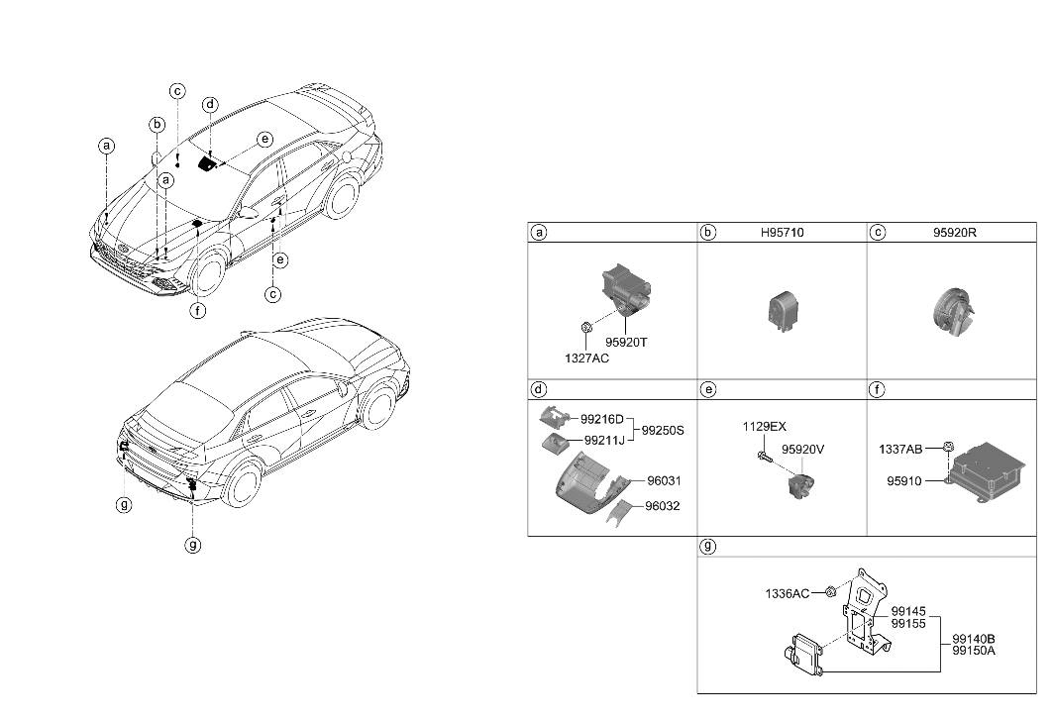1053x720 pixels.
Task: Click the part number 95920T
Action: pos(626,342)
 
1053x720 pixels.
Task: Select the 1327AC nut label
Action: pos(587,358)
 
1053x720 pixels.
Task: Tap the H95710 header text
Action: pos(781,233)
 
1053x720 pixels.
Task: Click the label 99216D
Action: pos(602,419)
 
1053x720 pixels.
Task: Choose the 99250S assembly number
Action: pos(665,431)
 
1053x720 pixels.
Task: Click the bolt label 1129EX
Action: pos(764,427)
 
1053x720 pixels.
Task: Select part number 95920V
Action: pos(802,449)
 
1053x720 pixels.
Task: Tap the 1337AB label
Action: pos(900,450)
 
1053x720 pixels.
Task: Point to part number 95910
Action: pos(904,481)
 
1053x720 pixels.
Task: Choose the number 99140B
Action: pos(973,639)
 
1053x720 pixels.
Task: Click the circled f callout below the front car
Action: pos(198,310)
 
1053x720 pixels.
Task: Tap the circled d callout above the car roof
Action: pos(210,105)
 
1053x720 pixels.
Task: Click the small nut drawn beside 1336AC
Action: pos(830,593)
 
